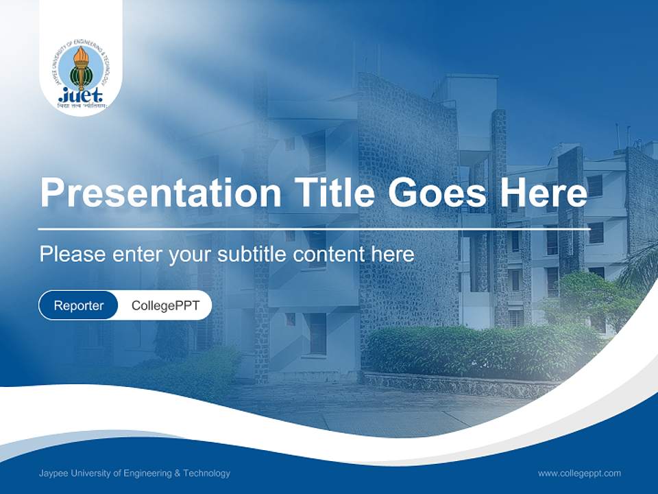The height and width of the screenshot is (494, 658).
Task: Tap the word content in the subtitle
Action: (330, 255)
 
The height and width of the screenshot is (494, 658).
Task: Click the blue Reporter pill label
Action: (78, 306)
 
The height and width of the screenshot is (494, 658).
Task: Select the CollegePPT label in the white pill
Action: (165, 306)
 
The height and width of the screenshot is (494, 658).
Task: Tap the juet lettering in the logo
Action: (81, 95)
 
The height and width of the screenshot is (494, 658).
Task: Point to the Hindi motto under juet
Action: (82, 106)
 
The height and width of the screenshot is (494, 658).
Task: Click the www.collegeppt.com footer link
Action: (579, 473)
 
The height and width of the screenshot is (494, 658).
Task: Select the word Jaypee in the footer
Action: (53, 473)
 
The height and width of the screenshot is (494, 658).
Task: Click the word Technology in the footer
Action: (208, 473)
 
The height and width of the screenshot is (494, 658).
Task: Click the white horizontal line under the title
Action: (314, 228)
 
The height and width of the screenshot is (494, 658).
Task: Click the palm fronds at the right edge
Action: (641, 268)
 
